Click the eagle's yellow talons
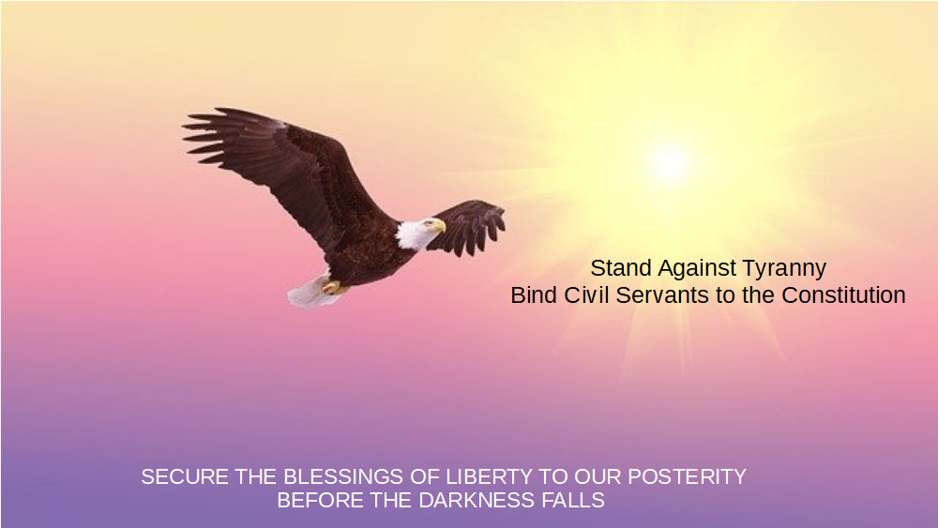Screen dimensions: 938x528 coord(333,288)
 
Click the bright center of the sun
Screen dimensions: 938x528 coord(669,162)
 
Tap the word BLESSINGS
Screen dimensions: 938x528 coord(343,476)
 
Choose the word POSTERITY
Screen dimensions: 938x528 coord(687,476)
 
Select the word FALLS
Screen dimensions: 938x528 coord(573,500)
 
